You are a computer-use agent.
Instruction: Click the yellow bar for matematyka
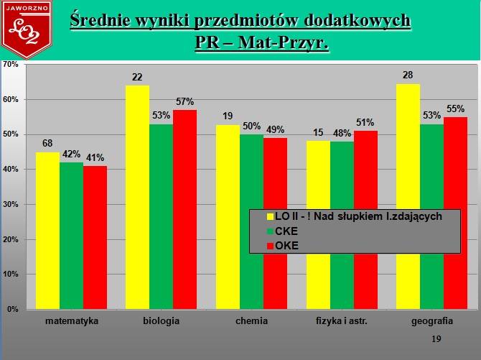pos(47,231)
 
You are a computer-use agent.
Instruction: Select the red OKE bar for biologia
pos(185,210)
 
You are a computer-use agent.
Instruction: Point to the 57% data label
pos(185,101)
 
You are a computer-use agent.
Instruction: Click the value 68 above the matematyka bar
pos(47,143)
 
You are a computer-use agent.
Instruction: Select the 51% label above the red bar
pos(365,123)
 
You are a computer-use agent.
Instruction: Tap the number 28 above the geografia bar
pos(408,75)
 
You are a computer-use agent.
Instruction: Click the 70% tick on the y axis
pos(11,64)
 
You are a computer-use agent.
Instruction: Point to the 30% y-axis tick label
pos(11,204)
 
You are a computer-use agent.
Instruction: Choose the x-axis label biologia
pos(161,321)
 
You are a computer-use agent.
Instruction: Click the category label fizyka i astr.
pos(342,321)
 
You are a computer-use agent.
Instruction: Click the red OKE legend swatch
pos(270,246)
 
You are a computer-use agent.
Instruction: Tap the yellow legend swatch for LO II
pos(270,216)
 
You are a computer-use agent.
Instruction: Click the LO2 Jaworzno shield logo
pos(27,29)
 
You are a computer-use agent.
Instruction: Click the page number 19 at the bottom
pos(436,339)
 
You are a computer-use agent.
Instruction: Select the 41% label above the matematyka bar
pos(95,158)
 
